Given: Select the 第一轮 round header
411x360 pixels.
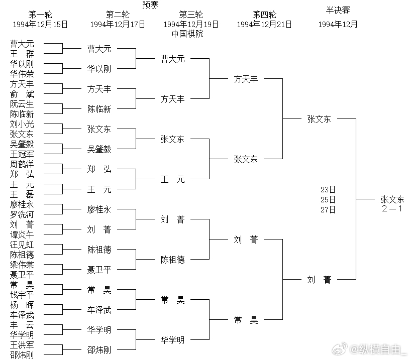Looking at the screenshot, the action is coord(40,15).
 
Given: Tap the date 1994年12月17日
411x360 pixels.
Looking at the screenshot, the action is coord(118,24).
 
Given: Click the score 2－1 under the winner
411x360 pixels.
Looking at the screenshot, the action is coord(391,208).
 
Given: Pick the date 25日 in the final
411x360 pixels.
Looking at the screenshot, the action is coord(328,200).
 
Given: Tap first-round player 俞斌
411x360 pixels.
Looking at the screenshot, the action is coord(22,94).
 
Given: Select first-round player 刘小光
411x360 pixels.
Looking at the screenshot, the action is coord(22,124).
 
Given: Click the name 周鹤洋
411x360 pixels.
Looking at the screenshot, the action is coord(22,164).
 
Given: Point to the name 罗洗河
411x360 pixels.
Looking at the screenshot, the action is coord(22,214).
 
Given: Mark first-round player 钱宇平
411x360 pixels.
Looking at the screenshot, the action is coord(22,295).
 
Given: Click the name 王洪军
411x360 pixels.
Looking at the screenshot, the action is coord(22,345).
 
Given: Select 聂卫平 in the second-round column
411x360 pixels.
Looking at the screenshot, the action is coord(99,270).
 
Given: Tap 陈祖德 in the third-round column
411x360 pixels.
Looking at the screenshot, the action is coord(172,260).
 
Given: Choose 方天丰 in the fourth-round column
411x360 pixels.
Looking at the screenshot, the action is coord(246,79).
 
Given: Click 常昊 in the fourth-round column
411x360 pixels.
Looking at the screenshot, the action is coord(246,320).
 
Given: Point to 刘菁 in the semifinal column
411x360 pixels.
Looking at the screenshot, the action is coord(319,280).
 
